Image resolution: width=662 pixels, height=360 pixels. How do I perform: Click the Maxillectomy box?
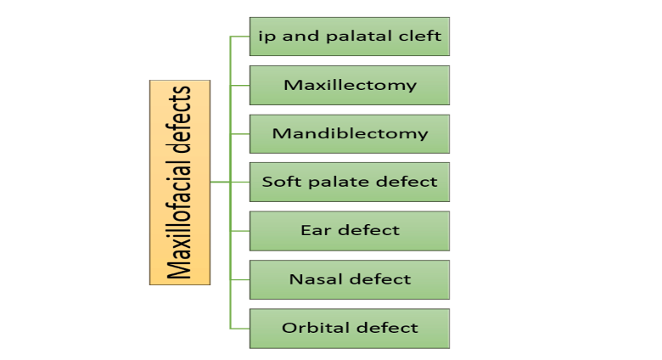[x=350, y=86]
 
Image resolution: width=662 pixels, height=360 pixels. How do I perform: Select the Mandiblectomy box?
[x=350, y=134]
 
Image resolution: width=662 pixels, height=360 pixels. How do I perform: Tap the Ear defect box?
[x=350, y=231]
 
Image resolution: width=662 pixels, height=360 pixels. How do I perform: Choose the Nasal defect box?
[x=350, y=279]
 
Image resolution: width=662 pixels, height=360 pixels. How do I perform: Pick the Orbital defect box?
[x=350, y=329]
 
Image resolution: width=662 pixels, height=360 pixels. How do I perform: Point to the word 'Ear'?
[x=316, y=230]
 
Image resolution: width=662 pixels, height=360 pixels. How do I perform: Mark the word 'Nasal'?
[x=316, y=278]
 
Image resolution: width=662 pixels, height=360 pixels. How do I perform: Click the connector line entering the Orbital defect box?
[x=240, y=329]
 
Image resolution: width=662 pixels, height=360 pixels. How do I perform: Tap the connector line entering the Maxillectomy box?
[x=240, y=86]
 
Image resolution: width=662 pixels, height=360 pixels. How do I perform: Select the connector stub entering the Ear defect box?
[x=240, y=231]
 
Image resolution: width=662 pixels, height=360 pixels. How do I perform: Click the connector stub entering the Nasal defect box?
[x=240, y=279]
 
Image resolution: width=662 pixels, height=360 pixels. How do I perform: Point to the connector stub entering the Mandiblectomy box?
[x=240, y=134]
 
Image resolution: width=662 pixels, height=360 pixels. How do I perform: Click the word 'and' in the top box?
[x=300, y=36]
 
